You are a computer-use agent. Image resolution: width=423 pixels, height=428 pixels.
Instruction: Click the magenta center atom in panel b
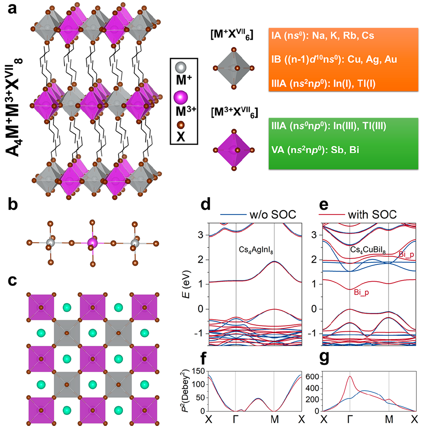(92, 243)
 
